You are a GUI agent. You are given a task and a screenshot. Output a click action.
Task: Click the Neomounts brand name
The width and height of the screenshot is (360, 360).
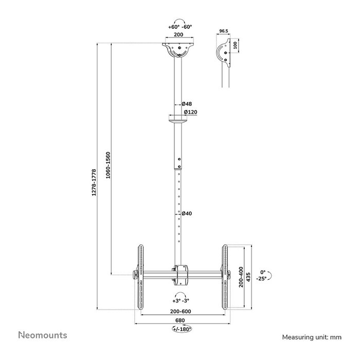[x=43, y=335]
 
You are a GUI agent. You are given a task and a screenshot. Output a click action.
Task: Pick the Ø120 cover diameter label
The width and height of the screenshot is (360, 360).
[x=190, y=112]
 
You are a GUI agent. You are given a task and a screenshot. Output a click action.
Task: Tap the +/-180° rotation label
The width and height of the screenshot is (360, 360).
[x=182, y=328]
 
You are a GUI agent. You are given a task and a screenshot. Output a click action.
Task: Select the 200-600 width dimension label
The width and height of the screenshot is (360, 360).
[x=182, y=312]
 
